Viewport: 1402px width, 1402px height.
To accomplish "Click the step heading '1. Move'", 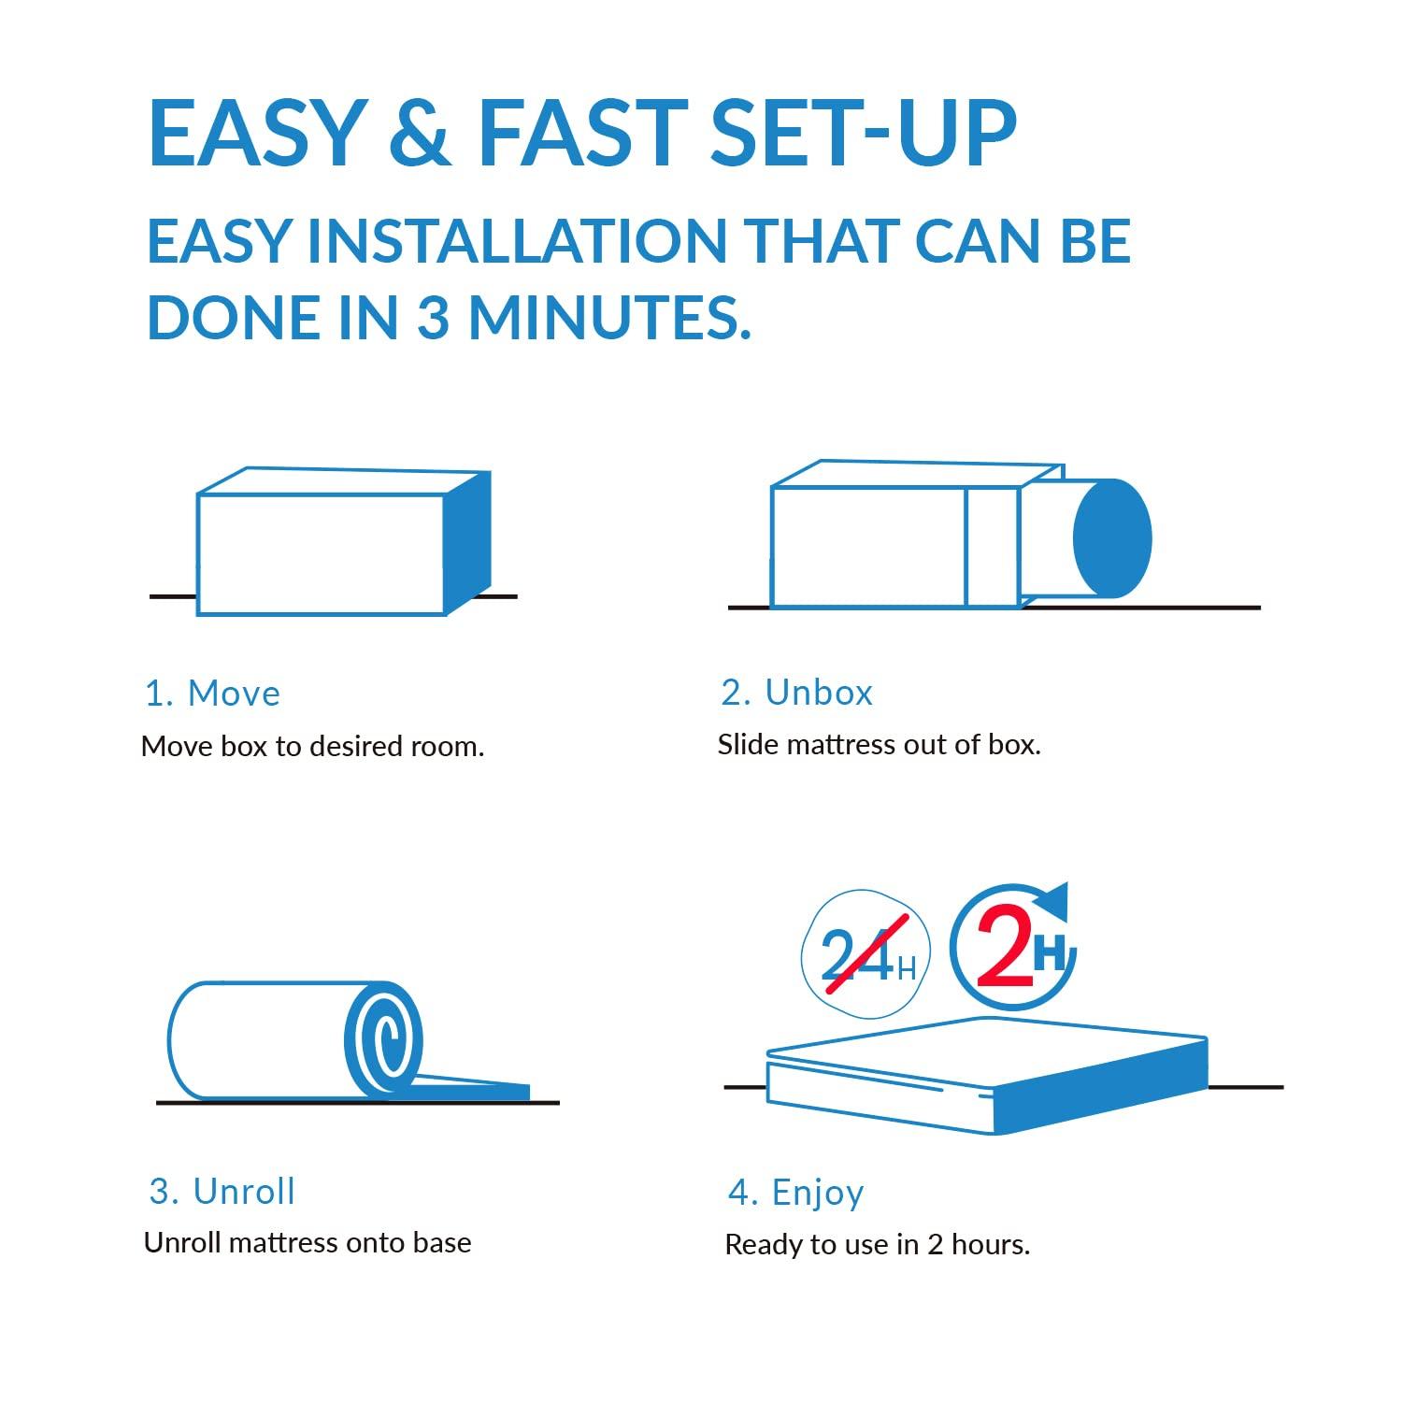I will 212,694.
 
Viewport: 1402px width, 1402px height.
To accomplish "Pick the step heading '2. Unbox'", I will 796,693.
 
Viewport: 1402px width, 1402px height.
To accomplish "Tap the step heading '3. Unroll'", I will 222,1192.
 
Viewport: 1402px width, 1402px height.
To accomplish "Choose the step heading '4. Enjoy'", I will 795,1193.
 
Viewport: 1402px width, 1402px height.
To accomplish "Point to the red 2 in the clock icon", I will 1004,951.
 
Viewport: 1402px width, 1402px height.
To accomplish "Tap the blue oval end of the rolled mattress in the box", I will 1112,538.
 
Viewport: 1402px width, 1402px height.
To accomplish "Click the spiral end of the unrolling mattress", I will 383,1038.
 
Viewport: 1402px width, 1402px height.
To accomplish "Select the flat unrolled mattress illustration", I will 987,1075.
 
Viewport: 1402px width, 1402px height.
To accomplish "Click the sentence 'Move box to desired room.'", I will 312,747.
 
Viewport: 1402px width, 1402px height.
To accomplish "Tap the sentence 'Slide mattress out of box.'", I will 879,745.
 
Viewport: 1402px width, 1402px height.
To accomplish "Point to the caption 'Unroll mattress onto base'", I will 308,1243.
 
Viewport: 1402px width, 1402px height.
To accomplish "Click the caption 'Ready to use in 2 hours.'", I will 877,1245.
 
